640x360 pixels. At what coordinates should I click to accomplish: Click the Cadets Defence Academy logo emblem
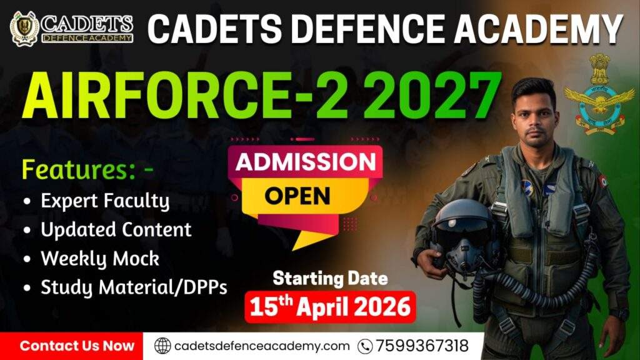click(24, 28)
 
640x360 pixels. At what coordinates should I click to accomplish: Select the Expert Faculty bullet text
click(105, 201)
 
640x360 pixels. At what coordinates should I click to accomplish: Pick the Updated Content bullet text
click(116, 229)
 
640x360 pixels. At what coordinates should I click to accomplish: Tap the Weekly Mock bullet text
click(100, 258)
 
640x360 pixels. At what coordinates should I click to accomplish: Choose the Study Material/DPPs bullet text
click(134, 287)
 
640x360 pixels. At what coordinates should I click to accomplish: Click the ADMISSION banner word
click(306, 162)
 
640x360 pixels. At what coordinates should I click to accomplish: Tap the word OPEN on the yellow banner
click(297, 196)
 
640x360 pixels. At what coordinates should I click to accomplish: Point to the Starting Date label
click(330, 277)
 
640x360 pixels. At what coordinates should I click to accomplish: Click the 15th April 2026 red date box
click(330, 307)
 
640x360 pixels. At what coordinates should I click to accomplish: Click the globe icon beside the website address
click(162, 346)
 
